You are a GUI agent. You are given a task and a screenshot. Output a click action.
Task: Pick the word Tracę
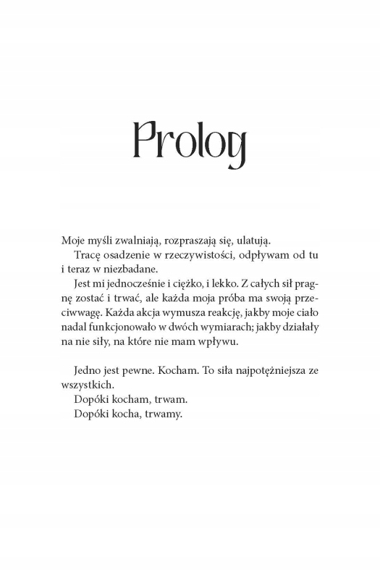(88, 257)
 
